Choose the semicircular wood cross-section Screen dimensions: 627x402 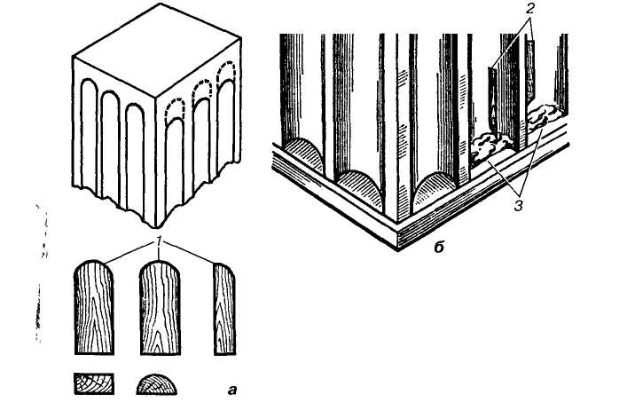157,383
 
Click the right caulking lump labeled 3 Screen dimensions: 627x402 541,115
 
